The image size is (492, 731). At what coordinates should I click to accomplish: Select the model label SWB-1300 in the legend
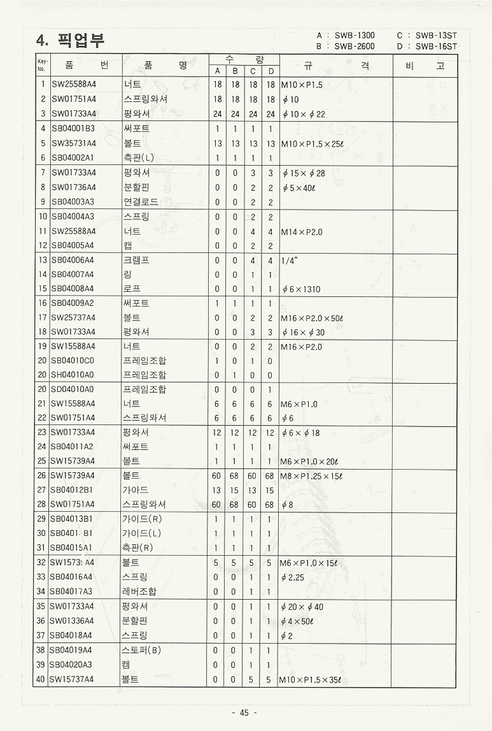tap(355, 36)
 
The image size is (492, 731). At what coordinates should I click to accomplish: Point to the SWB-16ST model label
tap(436, 46)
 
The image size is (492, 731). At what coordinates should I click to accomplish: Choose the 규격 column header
tap(335, 65)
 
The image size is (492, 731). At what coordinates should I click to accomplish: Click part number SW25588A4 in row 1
tap(73, 85)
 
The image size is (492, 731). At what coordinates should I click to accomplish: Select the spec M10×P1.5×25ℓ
tap(312, 143)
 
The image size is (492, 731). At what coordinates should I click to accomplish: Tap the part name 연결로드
tap(141, 202)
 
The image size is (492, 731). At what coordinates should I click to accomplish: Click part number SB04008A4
tap(73, 289)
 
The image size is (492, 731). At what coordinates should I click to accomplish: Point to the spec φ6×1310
tap(301, 289)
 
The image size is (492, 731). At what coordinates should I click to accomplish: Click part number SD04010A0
tap(73, 389)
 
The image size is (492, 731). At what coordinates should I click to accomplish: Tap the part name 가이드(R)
tap(142, 519)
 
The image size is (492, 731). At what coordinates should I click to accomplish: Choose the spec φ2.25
tap(293, 577)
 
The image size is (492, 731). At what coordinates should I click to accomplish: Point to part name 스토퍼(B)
tap(141, 650)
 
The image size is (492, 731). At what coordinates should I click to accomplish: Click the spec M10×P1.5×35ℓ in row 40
tap(310, 680)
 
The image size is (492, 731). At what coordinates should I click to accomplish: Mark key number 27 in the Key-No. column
tap(41, 490)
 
